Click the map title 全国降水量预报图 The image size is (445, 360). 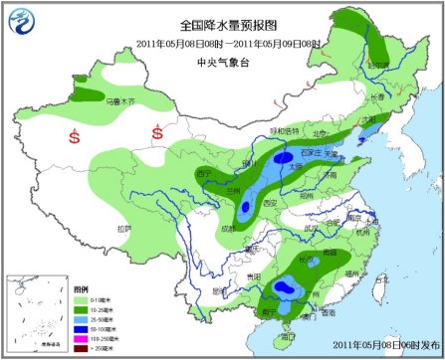(227, 24)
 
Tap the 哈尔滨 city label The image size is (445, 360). (379, 66)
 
